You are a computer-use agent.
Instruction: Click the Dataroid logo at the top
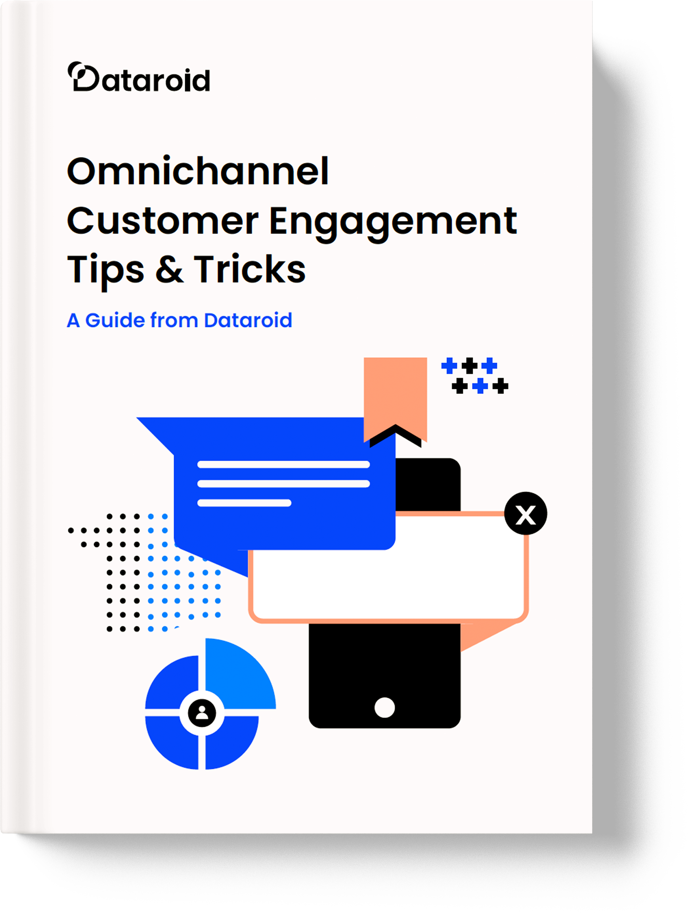pos(139,77)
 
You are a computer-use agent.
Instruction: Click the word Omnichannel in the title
pos(198,171)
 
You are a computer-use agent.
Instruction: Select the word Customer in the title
pos(163,221)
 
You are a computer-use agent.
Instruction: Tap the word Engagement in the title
pos(393,222)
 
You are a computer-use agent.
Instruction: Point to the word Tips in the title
pos(105,270)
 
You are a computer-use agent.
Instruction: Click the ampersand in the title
pos(169,270)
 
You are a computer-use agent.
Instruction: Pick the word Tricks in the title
pos(249,270)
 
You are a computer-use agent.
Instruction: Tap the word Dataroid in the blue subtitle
pos(248,320)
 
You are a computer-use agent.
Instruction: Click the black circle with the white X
pos(526,513)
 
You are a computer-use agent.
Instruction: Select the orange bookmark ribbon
pos(395,391)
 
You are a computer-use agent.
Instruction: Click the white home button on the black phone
pos(384,707)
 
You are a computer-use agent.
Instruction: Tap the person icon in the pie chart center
pos(202,713)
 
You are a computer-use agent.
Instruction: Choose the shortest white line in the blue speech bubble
pos(244,503)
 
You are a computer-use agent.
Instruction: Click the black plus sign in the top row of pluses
pos(469,366)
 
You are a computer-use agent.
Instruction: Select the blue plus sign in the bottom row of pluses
pos(480,386)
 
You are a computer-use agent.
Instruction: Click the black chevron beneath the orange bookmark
pos(396,435)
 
